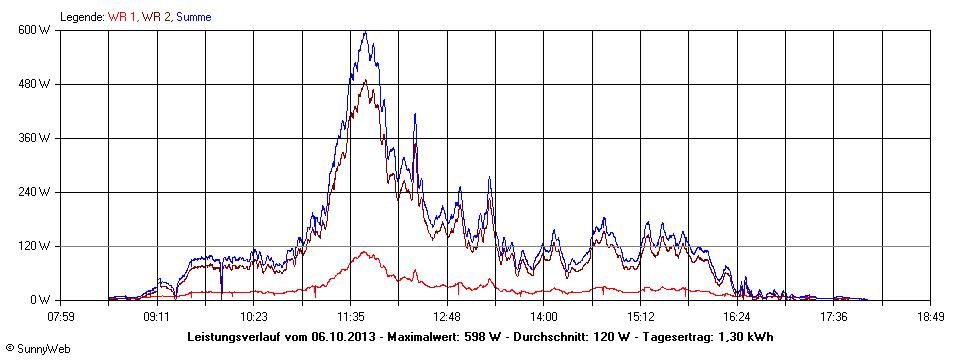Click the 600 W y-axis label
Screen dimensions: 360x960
(36, 29)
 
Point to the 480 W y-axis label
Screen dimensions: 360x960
(36, 83)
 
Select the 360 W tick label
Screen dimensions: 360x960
(36, 137)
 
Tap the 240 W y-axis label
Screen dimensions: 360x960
(36, 191)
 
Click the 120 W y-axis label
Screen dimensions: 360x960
(36, 245)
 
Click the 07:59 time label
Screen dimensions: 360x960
(61, 317)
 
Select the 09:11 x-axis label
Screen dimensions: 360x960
(156, 317)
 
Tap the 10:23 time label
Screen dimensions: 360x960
(253, 317)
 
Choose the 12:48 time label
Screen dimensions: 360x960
(447, 317)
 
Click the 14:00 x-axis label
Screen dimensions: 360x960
(544, 317)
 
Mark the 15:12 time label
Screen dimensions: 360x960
(641, 317)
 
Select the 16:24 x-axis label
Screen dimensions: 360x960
(738, 317)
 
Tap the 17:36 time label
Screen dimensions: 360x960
(834, 317)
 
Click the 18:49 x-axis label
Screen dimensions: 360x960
(931, 317)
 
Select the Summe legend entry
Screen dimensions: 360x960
(194, 17)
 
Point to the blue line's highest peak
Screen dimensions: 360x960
(365, 32)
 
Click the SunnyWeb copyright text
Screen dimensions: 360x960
(38, 347)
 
